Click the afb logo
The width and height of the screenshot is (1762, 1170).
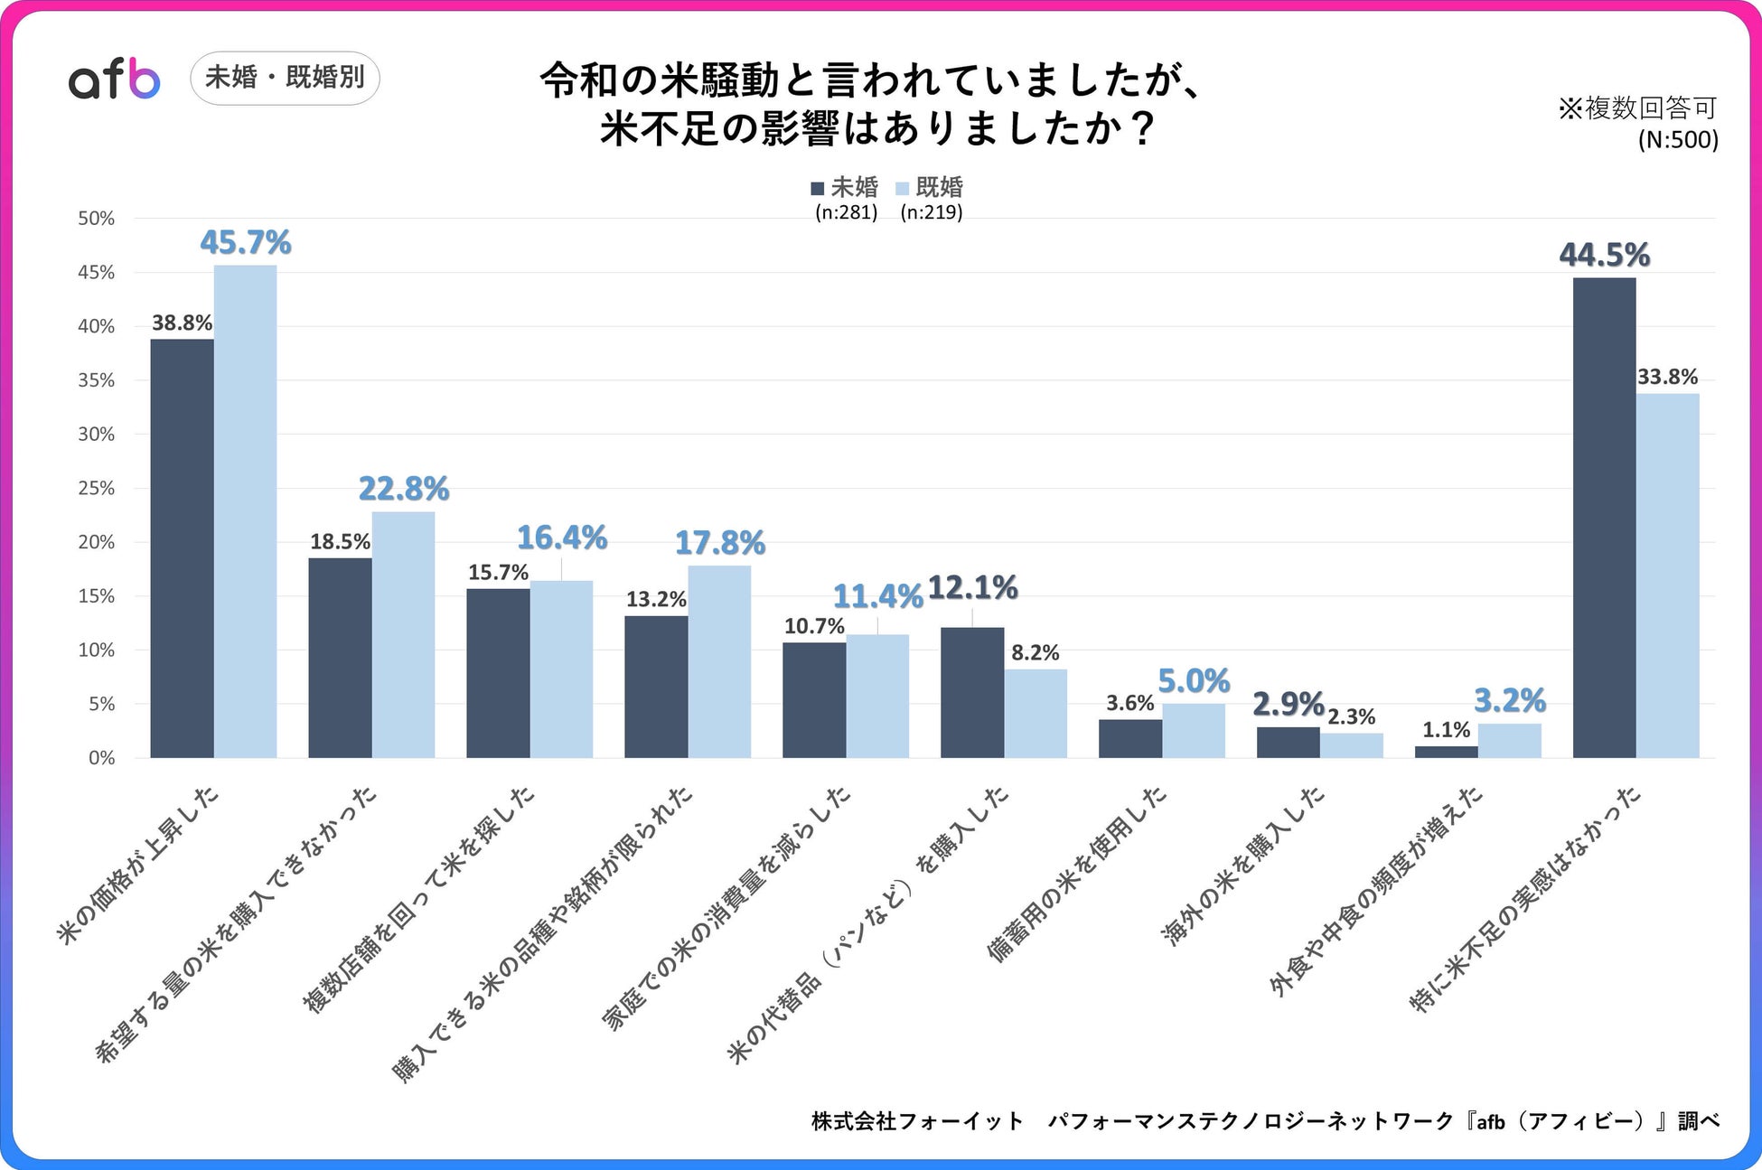(115, 80)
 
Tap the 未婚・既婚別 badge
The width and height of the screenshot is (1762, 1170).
(285, 78)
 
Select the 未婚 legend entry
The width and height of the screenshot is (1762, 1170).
(845, 187)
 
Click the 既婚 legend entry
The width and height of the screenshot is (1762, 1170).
(930, 187)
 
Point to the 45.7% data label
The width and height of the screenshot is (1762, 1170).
(245, 242)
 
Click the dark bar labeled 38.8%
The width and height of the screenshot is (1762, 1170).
(182, 548)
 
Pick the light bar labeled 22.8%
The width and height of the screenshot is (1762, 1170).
(403, 634)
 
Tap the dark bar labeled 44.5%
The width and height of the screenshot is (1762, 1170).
(1604, 517)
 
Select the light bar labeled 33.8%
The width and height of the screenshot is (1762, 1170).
(1667, 575)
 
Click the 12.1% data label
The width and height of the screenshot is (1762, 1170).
(972, 587)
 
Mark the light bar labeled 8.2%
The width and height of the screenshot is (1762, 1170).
(1036, 713)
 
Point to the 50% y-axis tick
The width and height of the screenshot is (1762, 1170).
(97, 219)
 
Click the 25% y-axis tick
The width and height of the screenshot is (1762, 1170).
(97, 489)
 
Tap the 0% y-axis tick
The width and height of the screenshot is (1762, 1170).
(101, 758)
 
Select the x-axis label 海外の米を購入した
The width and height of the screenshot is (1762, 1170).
(1244, 866)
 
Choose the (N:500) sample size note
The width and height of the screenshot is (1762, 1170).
(1678, 139)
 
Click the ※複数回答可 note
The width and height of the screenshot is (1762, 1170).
(1637, 108)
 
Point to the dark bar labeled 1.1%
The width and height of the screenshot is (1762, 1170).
(1446, 752)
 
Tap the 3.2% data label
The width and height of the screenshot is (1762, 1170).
(1509, 700)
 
